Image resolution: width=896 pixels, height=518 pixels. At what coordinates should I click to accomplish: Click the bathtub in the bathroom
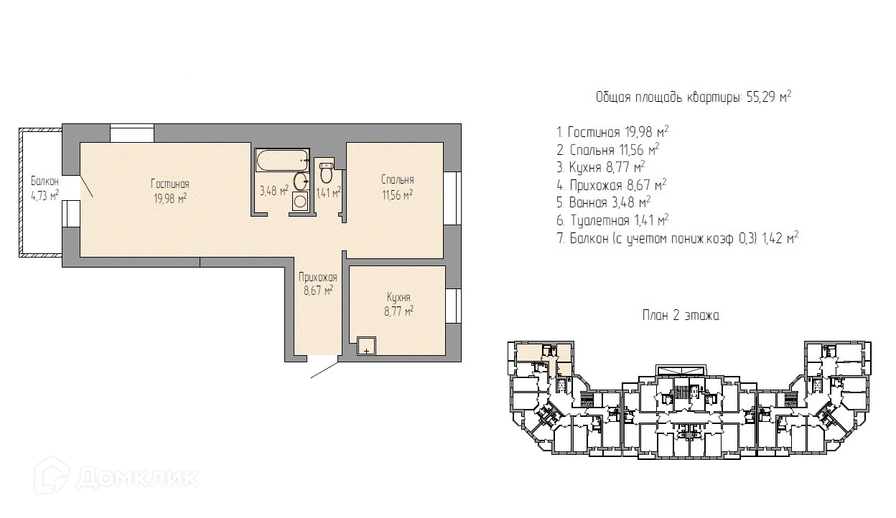point(282,160)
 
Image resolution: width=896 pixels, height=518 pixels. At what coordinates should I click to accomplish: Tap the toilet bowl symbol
point(327,172)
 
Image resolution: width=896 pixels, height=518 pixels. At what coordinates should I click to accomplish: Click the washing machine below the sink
point(300,201)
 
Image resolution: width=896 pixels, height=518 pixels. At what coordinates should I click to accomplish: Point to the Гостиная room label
point(170,184)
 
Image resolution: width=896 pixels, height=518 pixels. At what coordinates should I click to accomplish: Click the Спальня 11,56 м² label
point(398,187)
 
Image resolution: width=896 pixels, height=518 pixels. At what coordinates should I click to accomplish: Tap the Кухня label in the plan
point(398,297)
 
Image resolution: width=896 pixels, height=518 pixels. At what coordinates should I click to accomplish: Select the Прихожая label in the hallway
point(318,277)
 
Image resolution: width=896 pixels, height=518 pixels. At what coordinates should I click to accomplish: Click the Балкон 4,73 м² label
point(45,188)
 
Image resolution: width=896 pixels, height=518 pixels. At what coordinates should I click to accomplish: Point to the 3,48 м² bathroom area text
point(274,191)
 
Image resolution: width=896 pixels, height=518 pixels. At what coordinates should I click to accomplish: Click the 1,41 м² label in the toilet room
point(328,193)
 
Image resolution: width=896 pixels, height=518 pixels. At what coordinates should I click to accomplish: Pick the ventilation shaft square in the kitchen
point(367,346)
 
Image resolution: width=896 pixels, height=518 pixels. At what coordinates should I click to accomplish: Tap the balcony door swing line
point(87,187)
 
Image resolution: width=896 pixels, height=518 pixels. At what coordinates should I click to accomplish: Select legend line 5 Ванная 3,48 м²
point(604,202)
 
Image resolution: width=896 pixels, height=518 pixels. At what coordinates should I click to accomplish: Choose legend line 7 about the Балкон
point(678,238)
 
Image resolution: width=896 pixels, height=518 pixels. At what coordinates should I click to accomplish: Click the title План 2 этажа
point(681,316)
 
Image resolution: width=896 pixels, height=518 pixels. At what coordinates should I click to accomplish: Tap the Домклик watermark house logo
point(52,476)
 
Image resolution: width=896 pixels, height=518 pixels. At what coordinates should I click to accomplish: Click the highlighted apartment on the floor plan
point(544,357)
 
